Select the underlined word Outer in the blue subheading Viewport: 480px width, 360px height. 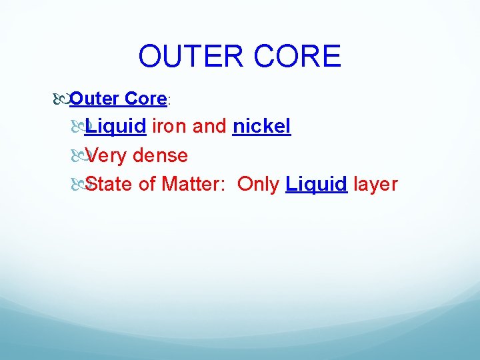pyautogui.click(x=94, y=99)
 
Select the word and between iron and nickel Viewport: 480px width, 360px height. pyautogui.click(x=209, y=127)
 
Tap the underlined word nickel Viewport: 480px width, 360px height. pyautogui.click(x=261, y=127)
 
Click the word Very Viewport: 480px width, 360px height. pyautogui.click(x=107, y=155)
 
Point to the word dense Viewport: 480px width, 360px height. pyautogui.click(x=160, y=155)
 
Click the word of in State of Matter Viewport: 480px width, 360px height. pyautogui.click(x=147, y=184)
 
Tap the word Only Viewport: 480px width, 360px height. pyautogui.click(x=258, y=184)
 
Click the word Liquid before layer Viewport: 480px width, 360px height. pyautogui.click(x=316, y=184)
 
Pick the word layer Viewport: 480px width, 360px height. pyautogui.click(x=375, y=184)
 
